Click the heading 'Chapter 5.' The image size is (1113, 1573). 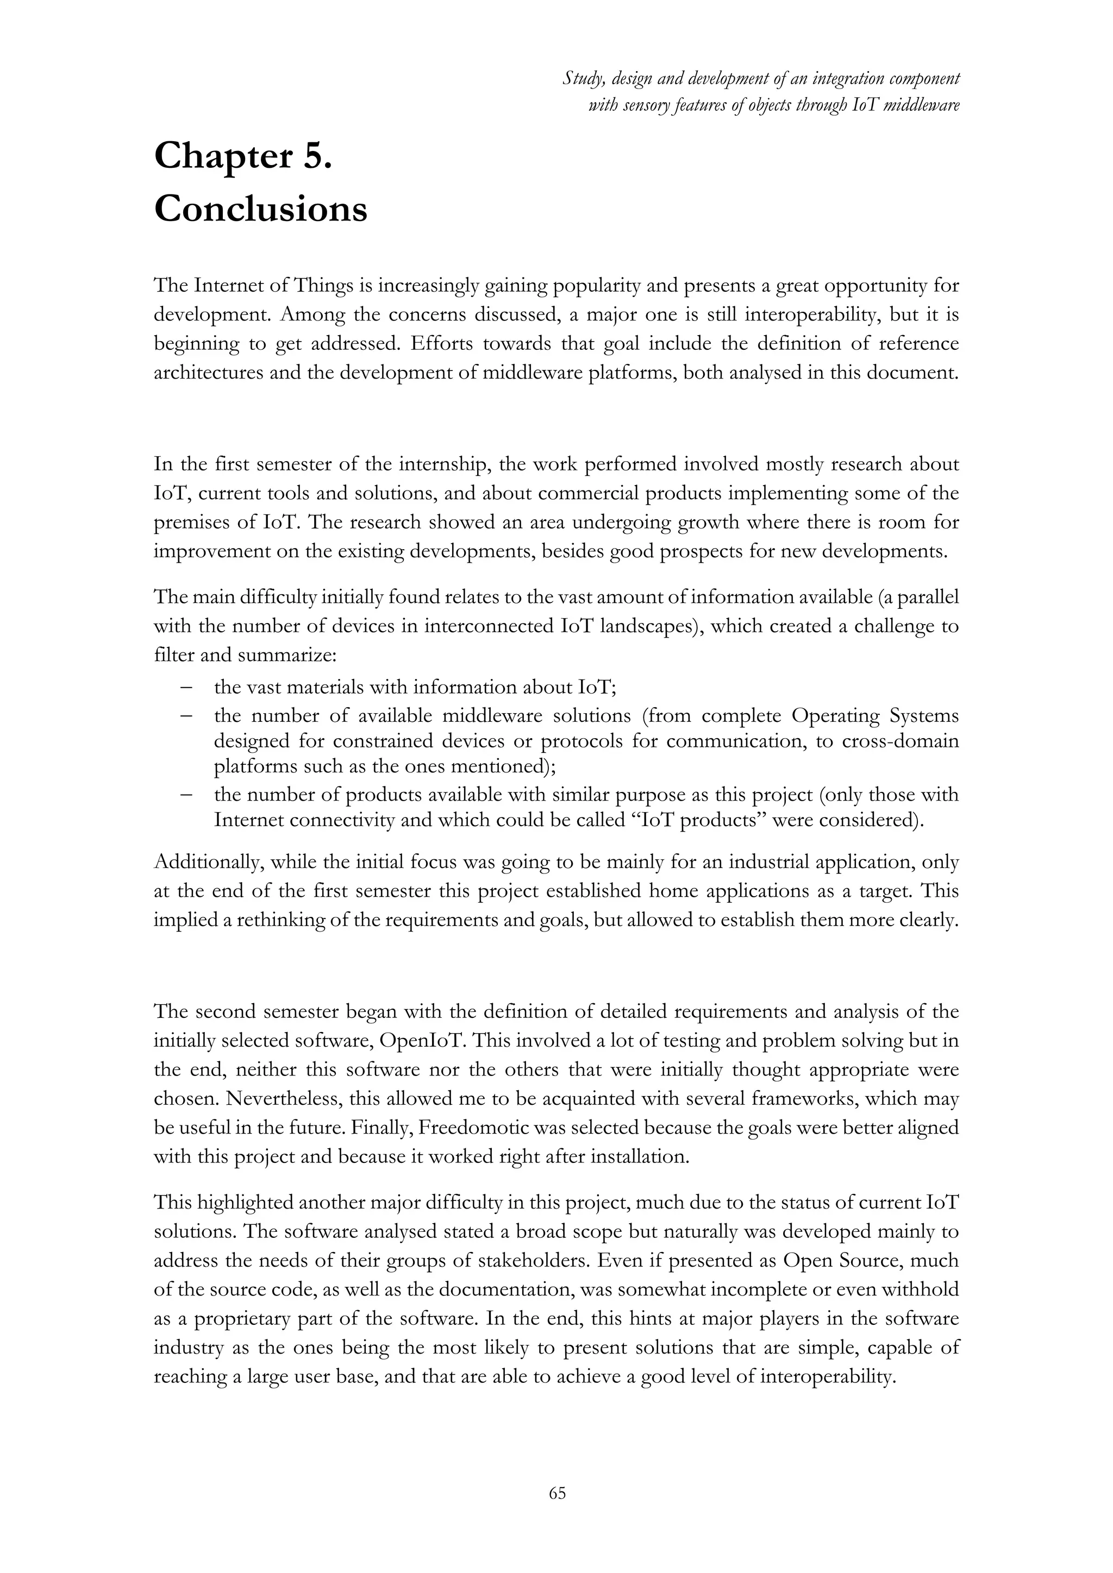(x=243, y=157)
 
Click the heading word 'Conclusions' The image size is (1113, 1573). (x=260, y=209)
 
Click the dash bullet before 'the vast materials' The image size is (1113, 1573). (x=186, y=687)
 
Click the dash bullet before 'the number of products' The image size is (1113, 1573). (x=186, y=795)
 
